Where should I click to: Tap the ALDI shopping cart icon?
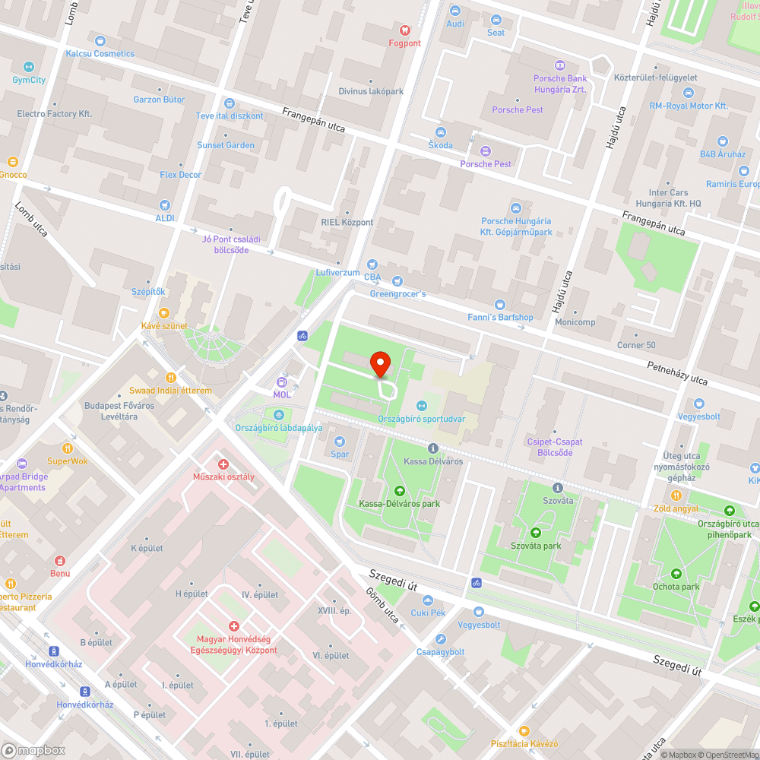[x=165, y=205]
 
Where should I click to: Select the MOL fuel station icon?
[x=282, y=382]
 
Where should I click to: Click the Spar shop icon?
[x=340, y=442]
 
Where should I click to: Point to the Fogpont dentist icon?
[x=404, y=30]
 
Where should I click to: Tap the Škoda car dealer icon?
[x=440, y=132]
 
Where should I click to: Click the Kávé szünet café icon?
[x=164, y=313]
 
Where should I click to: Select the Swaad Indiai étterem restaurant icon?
[x=171, y=377]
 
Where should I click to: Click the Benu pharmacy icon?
[x=60, y=560]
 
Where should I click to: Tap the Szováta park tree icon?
[x=535, y=533]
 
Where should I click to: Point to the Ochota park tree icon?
[x=676, y=573]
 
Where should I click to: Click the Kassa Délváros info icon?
[x=433, y=448]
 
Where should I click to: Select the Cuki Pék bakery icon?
[x=427, y=600]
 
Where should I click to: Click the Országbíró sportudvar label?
[x=422, y=418]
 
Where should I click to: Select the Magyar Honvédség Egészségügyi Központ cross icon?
[x=233, y=626]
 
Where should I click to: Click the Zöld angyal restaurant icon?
[x=676, y=495]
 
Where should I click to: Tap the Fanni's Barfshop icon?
[x=499, y=304]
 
